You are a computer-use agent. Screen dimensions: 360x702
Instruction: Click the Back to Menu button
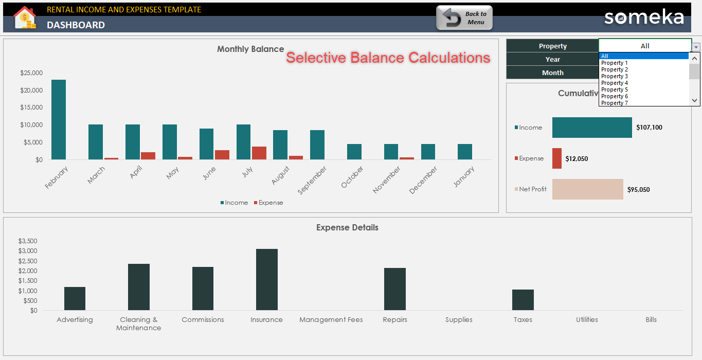click(x=464, y=18)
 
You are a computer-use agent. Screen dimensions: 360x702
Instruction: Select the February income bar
click(x=59, y=119)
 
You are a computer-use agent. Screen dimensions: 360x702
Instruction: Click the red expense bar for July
click(x=259, y=153)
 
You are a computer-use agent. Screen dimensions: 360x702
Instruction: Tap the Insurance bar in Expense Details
click(x=266, y=279)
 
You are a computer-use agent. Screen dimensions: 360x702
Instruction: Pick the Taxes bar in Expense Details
click(x=523, y=300)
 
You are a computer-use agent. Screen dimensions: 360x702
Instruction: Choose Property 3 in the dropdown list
click(x=615, y=76)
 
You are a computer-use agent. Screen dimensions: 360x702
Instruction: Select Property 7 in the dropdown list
click(x=615, y=103)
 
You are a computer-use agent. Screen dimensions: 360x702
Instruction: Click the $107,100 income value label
click(x=649, y=128)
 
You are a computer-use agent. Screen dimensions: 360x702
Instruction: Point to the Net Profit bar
click(x=587, y=189)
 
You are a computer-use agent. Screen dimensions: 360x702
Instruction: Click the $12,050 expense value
click(x=577, y=159)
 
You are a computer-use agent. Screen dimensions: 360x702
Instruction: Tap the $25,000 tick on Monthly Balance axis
click(x=31, y=73)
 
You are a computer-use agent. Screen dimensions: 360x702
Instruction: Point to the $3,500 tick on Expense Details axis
click(x=28, y=241)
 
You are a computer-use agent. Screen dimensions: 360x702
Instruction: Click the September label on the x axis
click(x=312, y=181)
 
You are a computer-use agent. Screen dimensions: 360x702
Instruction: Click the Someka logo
click(x=644, y=17)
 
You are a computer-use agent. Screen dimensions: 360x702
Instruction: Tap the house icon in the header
click(x=25, y=17)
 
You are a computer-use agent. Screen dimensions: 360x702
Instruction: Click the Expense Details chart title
click(x=347, y=227)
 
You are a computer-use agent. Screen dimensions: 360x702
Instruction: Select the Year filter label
click(x=552, y=59)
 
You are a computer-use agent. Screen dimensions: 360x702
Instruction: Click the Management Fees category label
click(x=331, y=320)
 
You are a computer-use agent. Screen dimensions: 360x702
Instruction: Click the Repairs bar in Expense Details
click(x=394, y=289)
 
